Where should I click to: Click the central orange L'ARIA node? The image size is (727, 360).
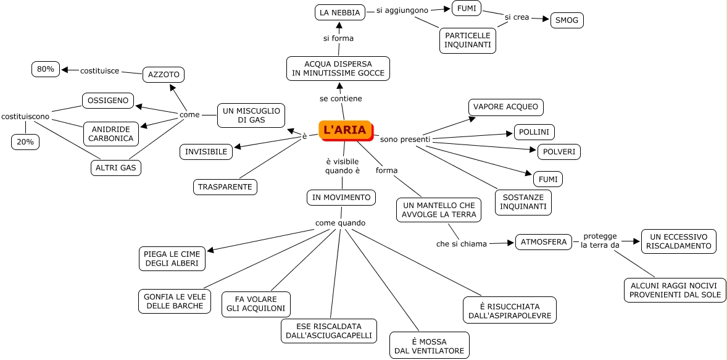[345, 130]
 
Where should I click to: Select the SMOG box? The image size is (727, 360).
[567, 20]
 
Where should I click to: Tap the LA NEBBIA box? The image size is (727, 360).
[340, 12]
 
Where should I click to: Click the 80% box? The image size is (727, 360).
[46, 69]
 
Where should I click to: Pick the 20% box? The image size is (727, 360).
[26, 141]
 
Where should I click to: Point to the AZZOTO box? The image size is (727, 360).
[164, 75]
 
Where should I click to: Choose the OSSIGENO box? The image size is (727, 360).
[108, 100]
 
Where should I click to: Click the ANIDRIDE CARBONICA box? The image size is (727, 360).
[111, 133]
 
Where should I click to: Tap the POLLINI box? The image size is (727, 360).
[534, 132]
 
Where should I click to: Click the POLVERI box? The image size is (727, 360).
[559, 151]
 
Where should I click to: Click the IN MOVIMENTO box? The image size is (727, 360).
[341, 198]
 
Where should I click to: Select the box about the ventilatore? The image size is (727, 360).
[429, 345]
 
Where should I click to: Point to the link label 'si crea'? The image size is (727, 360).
[517, 17]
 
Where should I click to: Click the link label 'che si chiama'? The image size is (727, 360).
[462, 244]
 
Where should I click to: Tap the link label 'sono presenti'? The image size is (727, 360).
[405, 139]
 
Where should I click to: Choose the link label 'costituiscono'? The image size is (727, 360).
[25, 116]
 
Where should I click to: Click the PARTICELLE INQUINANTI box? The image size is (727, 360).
[468, 40]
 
